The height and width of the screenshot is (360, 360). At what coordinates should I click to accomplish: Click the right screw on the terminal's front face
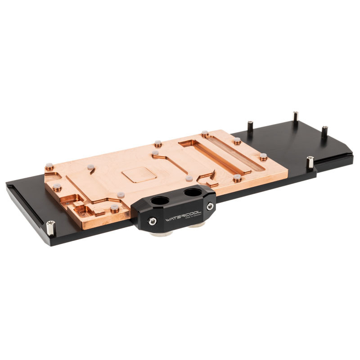pyautogui.click(x=210, y=206)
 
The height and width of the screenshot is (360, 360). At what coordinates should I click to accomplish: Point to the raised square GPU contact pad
pyautogui.click(x=139, y=173)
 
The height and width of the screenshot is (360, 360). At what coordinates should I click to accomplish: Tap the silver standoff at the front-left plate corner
pyautogui.click(x=50, y=228)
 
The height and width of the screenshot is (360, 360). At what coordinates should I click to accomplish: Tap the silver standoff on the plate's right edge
pyautogui.click(x=310, y=162)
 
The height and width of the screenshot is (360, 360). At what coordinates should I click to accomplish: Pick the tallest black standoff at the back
pyautogui.click(x=295, y=117)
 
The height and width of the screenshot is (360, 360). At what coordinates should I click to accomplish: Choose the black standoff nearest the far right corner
pyautogui.click(x=324, y=132)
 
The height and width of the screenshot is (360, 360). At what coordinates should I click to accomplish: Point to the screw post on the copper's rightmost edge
pyautogui.click(x=263, y=157)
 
